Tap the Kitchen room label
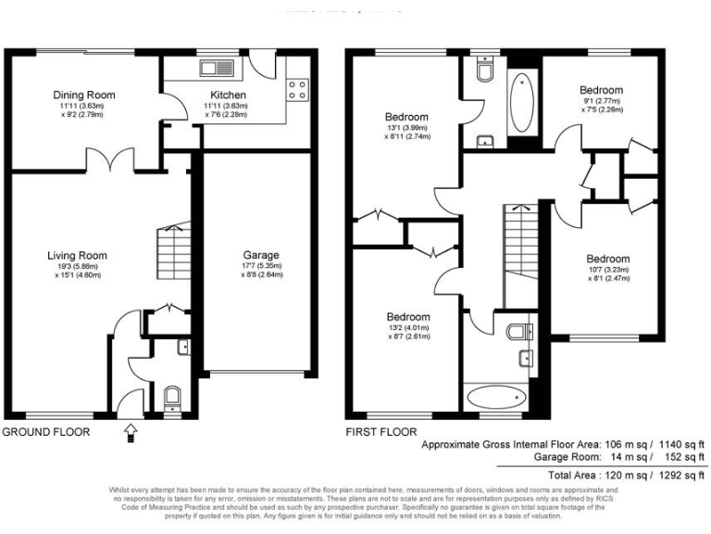(x=228, y=95)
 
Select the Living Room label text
(x=78, y=256)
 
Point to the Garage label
(x=261, y=255)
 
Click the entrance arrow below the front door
(x=130, y=430)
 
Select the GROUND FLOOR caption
(x=46, y=432)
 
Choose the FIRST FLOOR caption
(x=380, y=432)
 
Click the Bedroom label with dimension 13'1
(x=406, y=117)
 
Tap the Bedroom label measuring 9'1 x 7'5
(x=601, y=90)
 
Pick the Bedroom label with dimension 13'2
(x=408, y=316)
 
